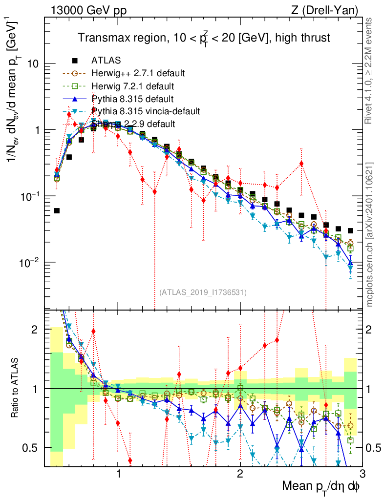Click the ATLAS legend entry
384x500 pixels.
pos(106,61)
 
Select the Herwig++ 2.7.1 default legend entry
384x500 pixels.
pos(138,74)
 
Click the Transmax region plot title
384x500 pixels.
pos(205,38)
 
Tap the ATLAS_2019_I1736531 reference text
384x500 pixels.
pos(203,292)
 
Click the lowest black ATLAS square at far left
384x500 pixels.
pos(57,210)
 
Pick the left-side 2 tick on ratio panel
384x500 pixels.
pos(39,330)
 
